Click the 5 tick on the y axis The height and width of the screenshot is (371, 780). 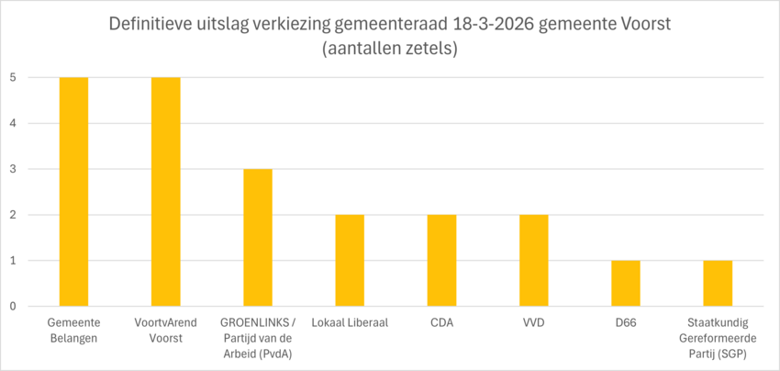(x=13, y=77)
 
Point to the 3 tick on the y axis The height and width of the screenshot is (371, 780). (x=13, y=169)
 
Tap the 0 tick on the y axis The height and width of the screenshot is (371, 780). (x=13, y=306)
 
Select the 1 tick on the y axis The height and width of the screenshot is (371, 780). (x=13, y=260)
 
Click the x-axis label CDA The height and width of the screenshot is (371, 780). (x=441, y=323)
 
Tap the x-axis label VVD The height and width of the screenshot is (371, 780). (x=533, y=323)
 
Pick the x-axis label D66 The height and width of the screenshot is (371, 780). (x=625, y=323)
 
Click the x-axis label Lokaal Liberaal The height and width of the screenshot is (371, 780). (x=350, y=323)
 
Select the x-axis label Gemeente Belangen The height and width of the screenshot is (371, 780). (x=74, y=330)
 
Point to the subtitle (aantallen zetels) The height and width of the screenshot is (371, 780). (x=390, y=49)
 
